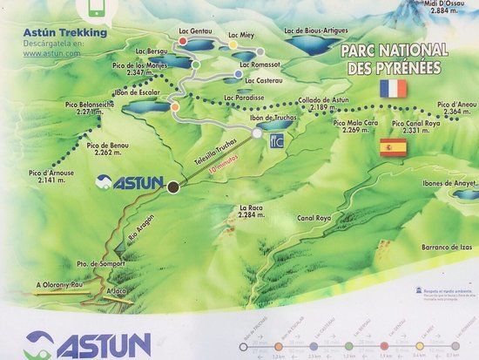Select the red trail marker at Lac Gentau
[183, 63]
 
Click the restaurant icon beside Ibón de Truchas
[278, 137]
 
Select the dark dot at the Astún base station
[173, 186]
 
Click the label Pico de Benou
[108, 148]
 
